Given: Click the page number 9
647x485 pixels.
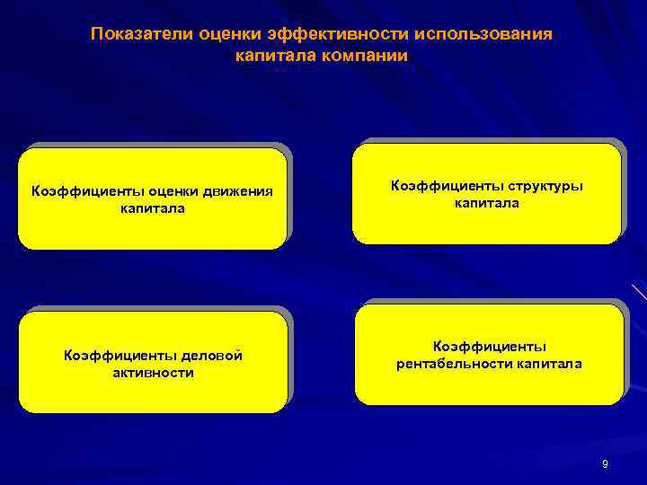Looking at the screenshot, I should coord(605,464).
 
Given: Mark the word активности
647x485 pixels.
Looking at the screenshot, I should coord(153,373).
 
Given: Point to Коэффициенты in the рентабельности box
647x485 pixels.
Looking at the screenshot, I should coord(490,347).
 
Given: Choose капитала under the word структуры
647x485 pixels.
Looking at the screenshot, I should coord(486,204).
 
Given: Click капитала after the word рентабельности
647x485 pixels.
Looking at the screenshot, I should coord(549,364).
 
